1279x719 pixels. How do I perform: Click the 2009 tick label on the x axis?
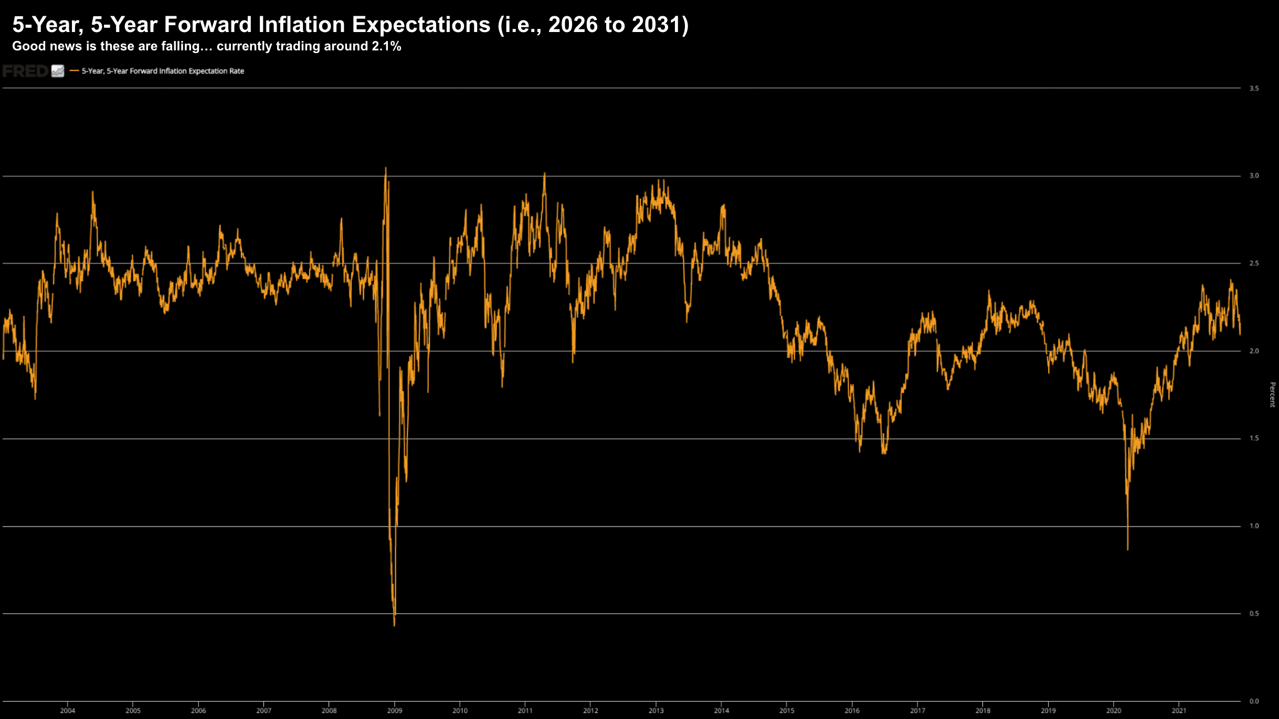tap(394, 711)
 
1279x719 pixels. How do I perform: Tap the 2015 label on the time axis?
tap(787, 711)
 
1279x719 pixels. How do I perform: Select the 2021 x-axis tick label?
tap(1179, 711)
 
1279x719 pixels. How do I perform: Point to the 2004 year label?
tap(68, 711)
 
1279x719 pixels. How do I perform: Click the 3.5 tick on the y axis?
tap(1254, 89)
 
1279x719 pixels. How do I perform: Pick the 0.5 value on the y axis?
tap(1254, 614)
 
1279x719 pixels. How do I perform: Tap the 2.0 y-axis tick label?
tap(1254, 351)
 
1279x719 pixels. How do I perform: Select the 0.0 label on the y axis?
tap(1254, 701)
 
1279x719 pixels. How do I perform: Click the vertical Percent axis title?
tap(1272, 395)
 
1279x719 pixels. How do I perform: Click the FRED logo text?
tap(25, 71)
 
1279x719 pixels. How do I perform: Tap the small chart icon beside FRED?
tap(58, 71)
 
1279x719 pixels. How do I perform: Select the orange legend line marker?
tap(74, 71)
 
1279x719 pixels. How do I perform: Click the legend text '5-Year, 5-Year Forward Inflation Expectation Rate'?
tap(163, 71)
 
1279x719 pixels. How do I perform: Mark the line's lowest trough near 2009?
tap(394, 625)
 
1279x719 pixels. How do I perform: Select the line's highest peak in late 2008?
tap(386, 169)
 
